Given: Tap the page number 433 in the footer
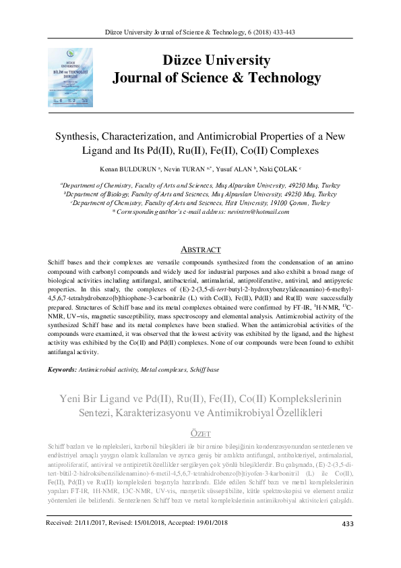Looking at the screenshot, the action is coord(348,544).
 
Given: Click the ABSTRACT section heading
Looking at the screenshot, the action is coord(201,250).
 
